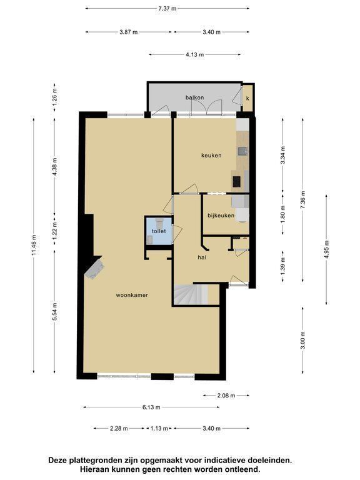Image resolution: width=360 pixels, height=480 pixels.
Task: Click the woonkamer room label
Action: pyautogui.click(x=132, y=295)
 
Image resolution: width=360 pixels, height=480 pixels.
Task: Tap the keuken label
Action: pyautogui.click(x=211, y=155)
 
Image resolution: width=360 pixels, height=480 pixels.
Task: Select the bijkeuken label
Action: pyautogui.click(x=221, y=216)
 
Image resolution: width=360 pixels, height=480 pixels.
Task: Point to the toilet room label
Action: pyautogui.click(x=159, y=231)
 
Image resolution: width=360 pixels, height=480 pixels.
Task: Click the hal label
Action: pyautogui.click(x=202, y=257)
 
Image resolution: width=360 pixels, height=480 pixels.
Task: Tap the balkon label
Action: pyautogui.click(x=195, y=97)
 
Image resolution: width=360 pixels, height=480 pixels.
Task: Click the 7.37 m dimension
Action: pyautogui.click(x=167, y=9)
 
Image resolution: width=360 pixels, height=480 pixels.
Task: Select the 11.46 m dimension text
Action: pyautogui.click(x=34, y=245)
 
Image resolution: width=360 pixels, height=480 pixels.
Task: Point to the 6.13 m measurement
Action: pyautogui.click(x=151, y=407)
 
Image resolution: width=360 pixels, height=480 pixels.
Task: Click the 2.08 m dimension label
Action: pyautogui.click(x=226, y=396)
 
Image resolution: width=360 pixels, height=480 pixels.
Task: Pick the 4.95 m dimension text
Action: pyautogui.click(x=327, y=249)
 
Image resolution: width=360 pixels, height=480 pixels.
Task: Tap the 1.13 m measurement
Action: pyautogui.click(x=159, y=429)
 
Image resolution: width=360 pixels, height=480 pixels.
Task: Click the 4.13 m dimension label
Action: pyautogui.click(x=195, y=55)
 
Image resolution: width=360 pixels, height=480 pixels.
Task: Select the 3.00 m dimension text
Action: pyautogui.click(x=302, y=341)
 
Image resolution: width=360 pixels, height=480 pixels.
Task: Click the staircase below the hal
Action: pyautogui.click(x=191, y=294)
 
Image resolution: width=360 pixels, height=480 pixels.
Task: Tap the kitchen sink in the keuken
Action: pyautogui.click(x=243, y=151)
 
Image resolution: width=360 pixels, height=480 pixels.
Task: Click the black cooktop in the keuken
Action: pyautogui.click(x=237, y=182)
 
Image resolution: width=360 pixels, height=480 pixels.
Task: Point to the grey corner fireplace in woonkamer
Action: pyautogui.click(x=94, y=269)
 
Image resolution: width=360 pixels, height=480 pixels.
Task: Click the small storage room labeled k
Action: pyautogui.click(x=247, y=98)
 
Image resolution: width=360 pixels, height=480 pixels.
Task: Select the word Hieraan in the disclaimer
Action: pyautogui.click(x=93, y=469)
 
